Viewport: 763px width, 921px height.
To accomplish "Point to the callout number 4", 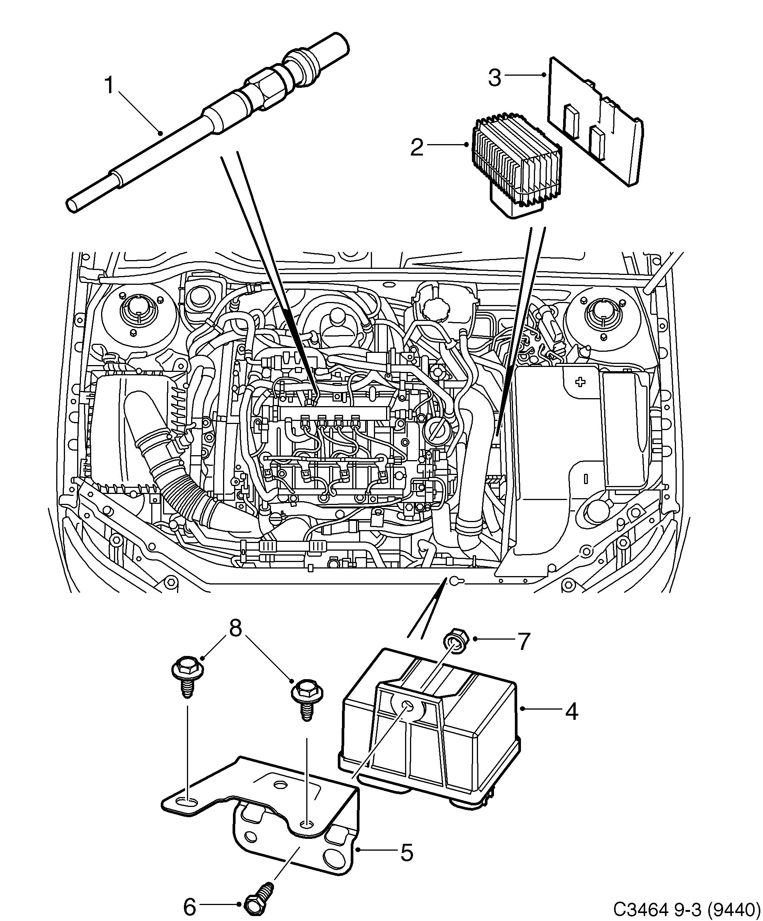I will point(571,711).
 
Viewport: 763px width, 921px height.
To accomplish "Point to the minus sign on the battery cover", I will point(585,478).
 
